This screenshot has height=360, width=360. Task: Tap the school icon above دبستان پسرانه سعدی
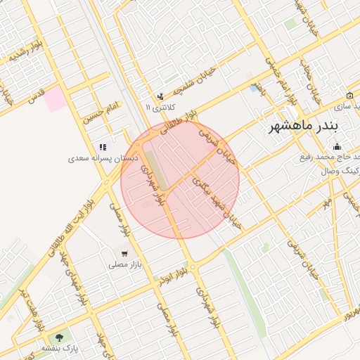pos(102,147)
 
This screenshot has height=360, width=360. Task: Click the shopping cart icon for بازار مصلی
pos(124,254)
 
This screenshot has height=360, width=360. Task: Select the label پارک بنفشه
pos(59,348)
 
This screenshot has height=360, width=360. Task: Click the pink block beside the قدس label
pos(56,101)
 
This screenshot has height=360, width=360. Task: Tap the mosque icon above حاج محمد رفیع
pos(337,147)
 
